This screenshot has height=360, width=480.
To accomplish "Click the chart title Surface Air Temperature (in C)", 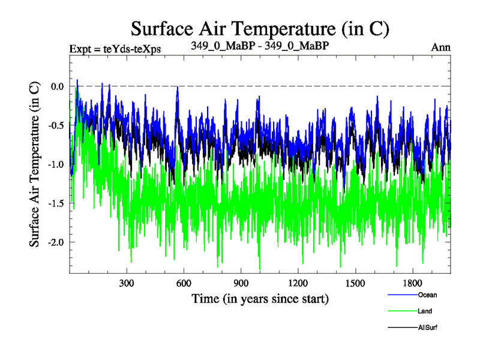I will point(260,28).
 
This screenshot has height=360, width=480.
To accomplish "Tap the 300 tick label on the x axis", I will point(127,283).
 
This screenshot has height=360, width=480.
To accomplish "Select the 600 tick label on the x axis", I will point(184,283).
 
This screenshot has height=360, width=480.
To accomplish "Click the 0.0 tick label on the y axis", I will point(58,86).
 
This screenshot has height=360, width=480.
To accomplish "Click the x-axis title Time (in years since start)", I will point(260,298).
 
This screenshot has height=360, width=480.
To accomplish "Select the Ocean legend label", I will point(427,295).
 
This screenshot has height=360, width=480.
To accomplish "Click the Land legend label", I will point(425,311).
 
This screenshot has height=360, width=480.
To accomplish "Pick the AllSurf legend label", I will point(428,328).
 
